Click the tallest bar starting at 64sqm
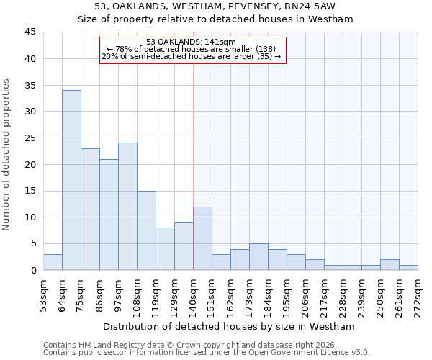point(71,180)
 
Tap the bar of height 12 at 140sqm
point(202,238)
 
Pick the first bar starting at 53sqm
point(53,262)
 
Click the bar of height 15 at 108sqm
point(146,230)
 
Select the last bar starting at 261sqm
point(408,267)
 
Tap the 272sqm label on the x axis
point(418,296)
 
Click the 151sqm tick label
point(212,296)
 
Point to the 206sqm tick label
point(305,296)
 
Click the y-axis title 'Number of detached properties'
point(7,155)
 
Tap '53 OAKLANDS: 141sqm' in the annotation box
point(191,42)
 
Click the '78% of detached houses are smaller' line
point(191,49)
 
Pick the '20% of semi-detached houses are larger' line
point(191,56)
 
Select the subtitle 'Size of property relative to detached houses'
point(215,19)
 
